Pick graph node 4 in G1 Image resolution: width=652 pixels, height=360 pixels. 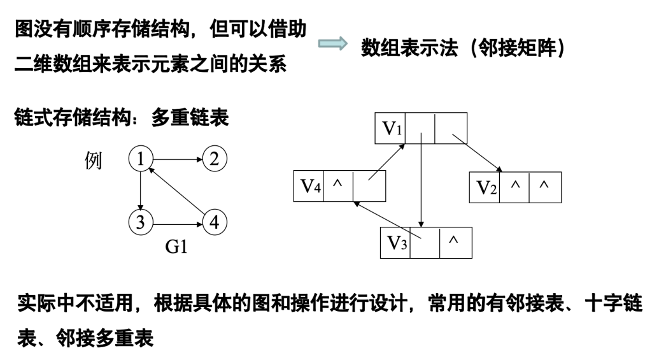214,222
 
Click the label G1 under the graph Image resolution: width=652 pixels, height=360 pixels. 176,247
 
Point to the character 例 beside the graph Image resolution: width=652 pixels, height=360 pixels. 93,161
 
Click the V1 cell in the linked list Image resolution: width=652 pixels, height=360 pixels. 390,129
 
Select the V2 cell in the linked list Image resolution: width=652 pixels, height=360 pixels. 485,187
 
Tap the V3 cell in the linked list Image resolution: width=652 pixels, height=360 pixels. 395,243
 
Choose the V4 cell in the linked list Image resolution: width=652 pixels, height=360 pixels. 309,186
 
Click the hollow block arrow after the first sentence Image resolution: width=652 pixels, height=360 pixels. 332,45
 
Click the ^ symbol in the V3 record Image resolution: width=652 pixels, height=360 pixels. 454,240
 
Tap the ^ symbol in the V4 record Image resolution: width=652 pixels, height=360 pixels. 338,184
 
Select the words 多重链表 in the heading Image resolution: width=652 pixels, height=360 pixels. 190,117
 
